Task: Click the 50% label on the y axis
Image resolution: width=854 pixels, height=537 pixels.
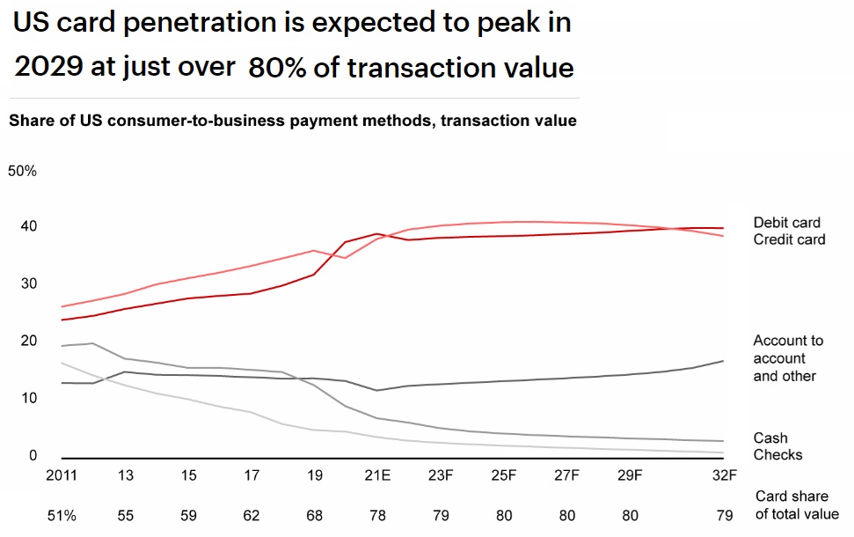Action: (22, 171)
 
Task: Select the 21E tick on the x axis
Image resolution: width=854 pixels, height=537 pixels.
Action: (378, 476)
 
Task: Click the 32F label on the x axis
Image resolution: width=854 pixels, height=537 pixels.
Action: (724, 476)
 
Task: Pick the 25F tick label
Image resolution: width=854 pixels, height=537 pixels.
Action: (503, 476)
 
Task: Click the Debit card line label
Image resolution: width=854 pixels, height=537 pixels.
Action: (786, 223)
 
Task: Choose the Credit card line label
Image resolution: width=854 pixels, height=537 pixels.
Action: (789, 239)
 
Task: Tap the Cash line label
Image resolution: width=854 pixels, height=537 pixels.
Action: (770, 438)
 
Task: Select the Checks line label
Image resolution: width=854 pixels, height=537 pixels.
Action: (777, 454)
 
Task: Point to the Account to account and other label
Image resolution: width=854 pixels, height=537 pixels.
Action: (788, 358)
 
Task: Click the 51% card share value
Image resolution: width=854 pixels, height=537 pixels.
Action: (62, 514)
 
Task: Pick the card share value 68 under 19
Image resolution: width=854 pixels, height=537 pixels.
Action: (314, 514)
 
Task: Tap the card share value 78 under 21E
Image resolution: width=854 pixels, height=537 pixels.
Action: (378, 514)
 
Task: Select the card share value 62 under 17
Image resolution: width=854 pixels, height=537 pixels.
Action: (251, 514)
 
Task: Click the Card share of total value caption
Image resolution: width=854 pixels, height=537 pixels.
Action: (797, 506)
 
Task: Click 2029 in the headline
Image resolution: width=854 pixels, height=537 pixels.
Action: (48, 68)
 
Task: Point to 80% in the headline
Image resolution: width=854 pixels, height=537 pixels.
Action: (277, 68)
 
